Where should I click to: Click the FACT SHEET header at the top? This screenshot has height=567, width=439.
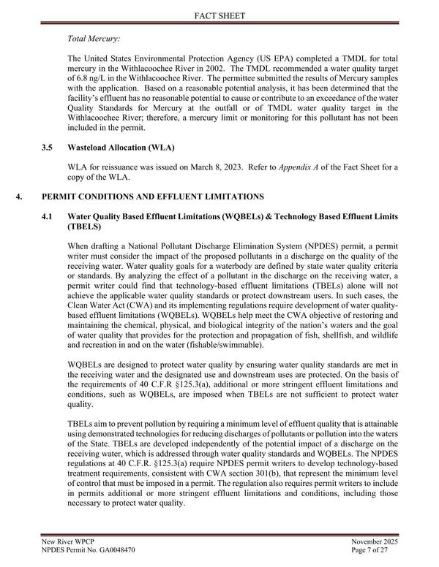click(x=219, y=14)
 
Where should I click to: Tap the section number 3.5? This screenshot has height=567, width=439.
click(x=48, y=148)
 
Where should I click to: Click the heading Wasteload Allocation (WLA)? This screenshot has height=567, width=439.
click(x=114, y=148)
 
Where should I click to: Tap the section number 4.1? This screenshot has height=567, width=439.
click(x=48, y=217)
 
